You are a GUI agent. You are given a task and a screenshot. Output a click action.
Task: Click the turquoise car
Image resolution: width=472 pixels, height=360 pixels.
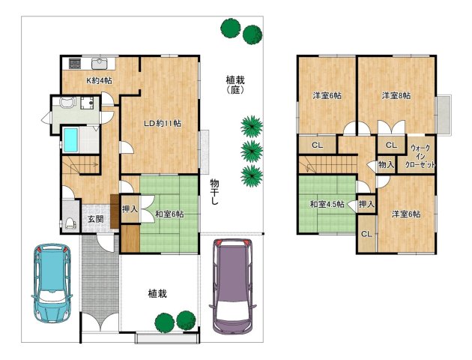pos(52,283)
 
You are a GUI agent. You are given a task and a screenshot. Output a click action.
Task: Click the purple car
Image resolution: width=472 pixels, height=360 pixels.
pos(233,286)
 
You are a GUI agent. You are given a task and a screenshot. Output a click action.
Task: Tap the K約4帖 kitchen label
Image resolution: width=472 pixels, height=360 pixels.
pos(100,81)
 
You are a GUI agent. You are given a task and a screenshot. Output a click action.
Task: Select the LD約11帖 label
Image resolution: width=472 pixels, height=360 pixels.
pos(163,123)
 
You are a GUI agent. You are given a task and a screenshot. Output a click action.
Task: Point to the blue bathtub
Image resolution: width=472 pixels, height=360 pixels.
pos(71,140)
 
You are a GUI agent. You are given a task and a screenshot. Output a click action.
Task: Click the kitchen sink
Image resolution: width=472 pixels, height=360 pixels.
pos(100,64)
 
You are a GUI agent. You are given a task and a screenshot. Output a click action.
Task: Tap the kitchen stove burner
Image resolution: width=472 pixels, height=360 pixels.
pos(75,64)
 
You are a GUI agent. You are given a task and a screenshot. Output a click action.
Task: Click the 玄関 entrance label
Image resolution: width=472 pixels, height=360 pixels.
pos(96,219)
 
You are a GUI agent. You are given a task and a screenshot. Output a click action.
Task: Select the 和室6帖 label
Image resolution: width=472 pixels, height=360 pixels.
pos(169,214)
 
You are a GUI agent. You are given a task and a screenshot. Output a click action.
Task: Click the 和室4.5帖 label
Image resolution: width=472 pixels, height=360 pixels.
pos(327,204)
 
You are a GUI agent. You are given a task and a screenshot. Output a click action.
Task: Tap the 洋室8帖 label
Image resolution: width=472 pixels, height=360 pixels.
pos(396,96)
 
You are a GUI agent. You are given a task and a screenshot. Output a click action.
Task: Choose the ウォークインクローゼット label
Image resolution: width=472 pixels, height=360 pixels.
pos(420,157)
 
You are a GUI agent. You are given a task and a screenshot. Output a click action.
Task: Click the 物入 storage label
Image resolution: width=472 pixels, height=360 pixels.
pos(386,164)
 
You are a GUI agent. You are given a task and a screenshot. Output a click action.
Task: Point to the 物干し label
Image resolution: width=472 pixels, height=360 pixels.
pos(214,192)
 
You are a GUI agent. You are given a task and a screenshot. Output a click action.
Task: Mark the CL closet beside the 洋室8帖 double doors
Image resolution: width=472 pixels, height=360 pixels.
pos(391,145)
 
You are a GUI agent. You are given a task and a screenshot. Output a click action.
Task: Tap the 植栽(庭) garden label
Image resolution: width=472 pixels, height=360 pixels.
pos(235,85)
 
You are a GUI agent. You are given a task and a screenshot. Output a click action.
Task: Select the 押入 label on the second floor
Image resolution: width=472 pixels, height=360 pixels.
pos(366,204)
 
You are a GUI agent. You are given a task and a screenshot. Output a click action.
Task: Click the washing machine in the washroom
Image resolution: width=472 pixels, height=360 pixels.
pos(88,103)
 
